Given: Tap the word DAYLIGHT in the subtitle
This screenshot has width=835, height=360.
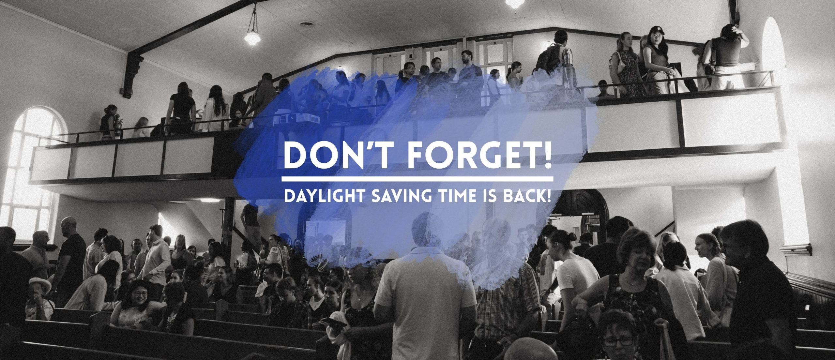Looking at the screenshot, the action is (x=321, y=196).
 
